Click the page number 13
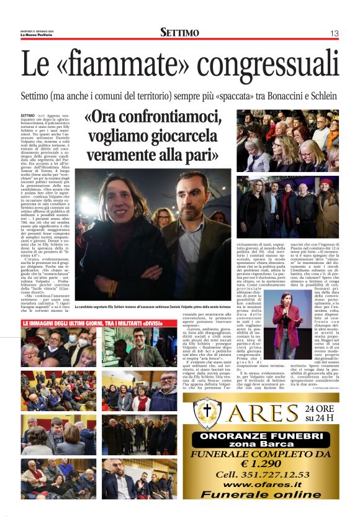click(334, 33)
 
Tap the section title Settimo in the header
click(179, 32)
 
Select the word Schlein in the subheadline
click(320, 97)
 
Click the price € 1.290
click(269, 463)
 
